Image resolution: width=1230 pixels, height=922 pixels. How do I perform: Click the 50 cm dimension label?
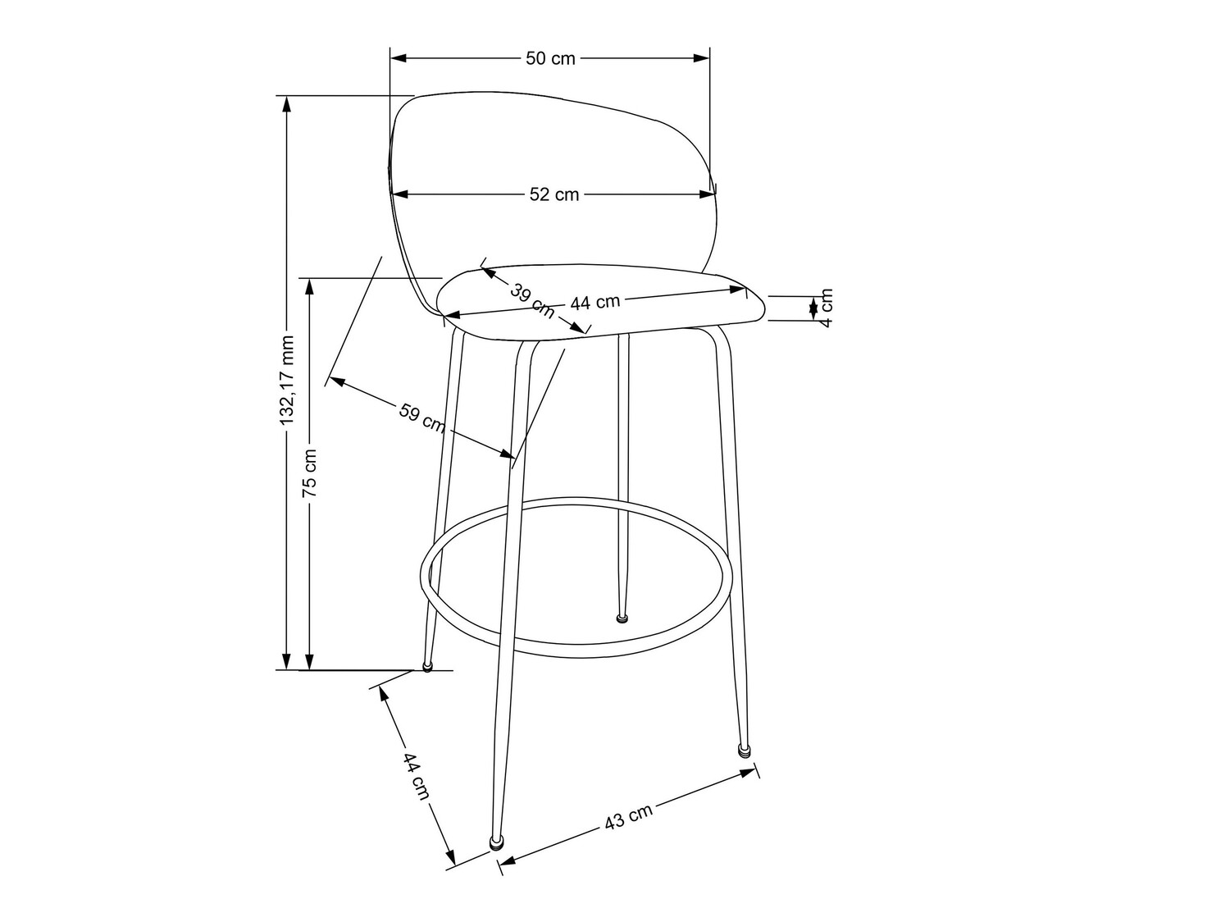pos(550,58)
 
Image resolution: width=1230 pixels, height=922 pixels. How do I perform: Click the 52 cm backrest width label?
pos(554,194)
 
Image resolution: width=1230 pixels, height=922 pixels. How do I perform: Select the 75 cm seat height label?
pos(310,473)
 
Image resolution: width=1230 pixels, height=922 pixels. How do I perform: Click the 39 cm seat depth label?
pos(531,301)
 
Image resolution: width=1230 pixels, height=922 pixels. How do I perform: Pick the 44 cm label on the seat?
pos(595,302)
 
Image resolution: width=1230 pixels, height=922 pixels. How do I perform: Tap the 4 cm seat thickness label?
pos(826,308)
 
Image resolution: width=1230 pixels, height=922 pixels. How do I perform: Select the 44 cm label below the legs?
pos(416,776)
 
